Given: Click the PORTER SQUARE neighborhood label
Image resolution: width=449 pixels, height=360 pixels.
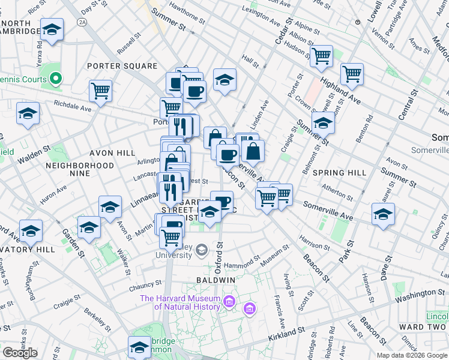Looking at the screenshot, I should (122, 66).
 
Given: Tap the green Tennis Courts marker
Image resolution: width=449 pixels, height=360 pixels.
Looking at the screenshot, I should (56, 78).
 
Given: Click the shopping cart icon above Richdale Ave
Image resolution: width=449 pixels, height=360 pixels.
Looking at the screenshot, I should (100, 91).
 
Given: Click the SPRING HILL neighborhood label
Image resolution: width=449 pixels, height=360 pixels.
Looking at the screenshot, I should (339, 173).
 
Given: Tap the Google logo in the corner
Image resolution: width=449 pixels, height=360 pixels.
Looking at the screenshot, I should (20, 352).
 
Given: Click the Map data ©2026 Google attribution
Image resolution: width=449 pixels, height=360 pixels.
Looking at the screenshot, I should (411, 355).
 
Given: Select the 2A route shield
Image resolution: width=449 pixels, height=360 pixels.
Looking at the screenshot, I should (82, 22).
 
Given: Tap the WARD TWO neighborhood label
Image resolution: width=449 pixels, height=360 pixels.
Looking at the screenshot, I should (426, 327).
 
